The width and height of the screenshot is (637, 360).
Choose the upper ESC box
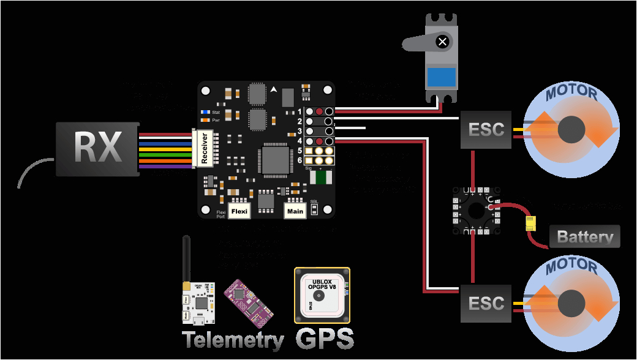(486, 129)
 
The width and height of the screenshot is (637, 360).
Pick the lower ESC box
(486, 303)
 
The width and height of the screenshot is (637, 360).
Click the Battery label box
(584, 236)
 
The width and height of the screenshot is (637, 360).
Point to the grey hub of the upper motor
(573, 129)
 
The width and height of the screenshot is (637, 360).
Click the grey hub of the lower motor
(573, 303)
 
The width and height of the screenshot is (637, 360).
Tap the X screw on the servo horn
(442, 42)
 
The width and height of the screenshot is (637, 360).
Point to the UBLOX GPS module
(322, 295)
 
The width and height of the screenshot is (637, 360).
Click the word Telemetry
(233, 340)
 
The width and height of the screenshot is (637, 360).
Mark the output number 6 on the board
(300, 160)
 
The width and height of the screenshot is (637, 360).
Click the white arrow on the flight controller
(273, 89)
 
